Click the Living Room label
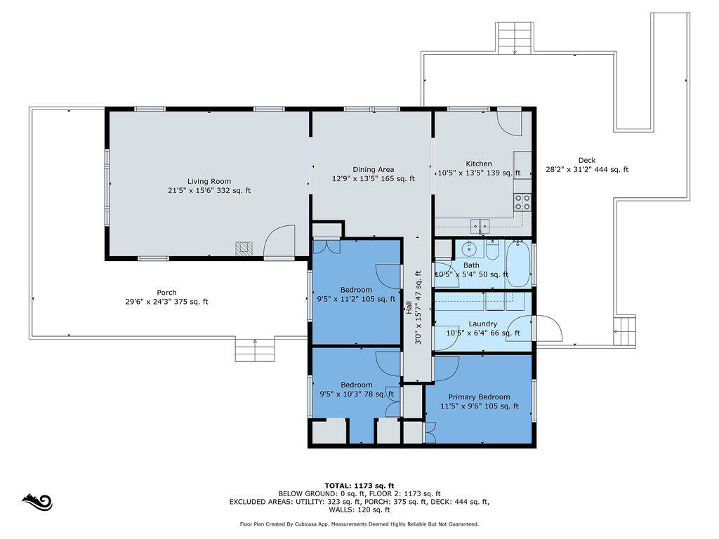pyautogui.click(x=209, y=182)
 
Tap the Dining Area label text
pyautogui.click(x=374, y=170)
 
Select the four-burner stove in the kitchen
pyautogui.click(x=522, y=203)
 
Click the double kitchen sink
pyautogui.click(x=480, y=226)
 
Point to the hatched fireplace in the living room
pyautogui.click(x=244, y=249)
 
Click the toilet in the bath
pyautogui.click(x=493, y=251)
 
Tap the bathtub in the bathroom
pyautogui.click(x=518, y=264)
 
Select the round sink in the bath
pyautogui.click(x=470, y=250)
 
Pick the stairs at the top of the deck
pyautogui.click(x=515, y=38)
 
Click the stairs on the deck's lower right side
pyautogui.click(x=624, y=331)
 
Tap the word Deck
pyautogui.click(x=587, y=161)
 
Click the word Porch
pyautogui.click(x=166, y=293)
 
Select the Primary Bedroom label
pyautogui.click(x=479, y=397)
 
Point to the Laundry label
pyautogui.click(x=483, y=324)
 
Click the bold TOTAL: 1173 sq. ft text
pyautogui.click(x=359, y=486)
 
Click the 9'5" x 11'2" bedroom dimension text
pyautogui.click(x=356, y=299)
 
